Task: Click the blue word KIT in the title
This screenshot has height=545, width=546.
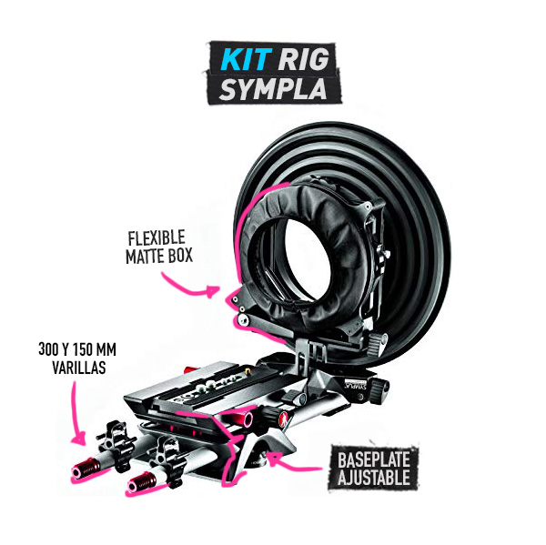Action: tap(247, 59)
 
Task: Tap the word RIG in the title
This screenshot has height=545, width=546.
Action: tap(303, 59)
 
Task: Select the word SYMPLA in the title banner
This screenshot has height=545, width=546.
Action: tap(273, 88)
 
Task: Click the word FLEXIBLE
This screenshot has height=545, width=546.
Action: tap(157, 238)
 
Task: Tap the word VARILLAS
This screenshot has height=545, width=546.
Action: tap(79, 367)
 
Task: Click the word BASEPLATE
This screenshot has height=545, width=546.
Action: tap(374, 459)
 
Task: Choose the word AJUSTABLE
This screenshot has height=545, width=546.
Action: tap(374, 478)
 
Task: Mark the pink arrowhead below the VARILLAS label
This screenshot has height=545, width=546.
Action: tap(79, 438)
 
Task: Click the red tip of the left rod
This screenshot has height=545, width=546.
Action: tap(86, 469)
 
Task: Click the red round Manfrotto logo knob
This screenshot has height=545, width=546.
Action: tap(283, 419)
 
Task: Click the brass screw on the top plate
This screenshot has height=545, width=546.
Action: tap(248, 372)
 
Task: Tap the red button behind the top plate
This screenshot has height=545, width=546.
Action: tap(190, 369)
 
